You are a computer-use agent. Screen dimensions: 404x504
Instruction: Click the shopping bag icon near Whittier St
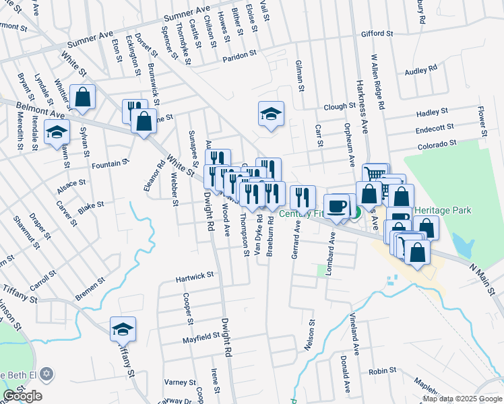point(82,97)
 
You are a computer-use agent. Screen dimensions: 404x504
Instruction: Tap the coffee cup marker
point(336,205)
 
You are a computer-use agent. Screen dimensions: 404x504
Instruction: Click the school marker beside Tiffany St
point(123,329)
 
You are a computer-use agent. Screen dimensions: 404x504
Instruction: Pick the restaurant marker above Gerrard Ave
point(303,197)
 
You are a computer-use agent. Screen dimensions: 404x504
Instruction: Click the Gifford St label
point(377,33)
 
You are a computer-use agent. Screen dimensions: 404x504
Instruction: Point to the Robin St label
point(382,371)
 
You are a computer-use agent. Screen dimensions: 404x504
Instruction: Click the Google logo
point(22,396)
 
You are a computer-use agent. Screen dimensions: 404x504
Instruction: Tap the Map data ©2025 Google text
point(462,399)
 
